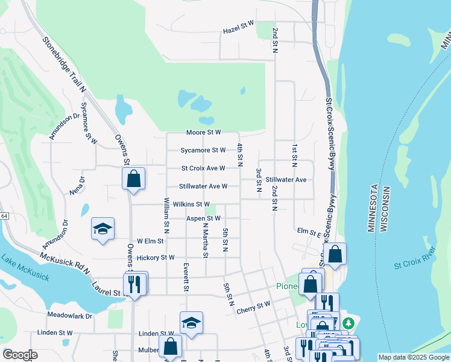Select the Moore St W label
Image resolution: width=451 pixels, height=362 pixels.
203,132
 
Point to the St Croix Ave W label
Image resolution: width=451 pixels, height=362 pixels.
203,168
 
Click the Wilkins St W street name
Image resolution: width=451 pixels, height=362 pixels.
191,205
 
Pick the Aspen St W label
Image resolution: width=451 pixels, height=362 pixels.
203,218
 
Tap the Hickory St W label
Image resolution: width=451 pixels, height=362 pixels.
156,258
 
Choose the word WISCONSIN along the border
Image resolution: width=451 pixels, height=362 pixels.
383,209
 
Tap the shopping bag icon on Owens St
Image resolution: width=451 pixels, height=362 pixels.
133,179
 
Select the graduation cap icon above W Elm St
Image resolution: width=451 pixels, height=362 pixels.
102,229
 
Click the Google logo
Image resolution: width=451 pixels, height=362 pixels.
20,355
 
